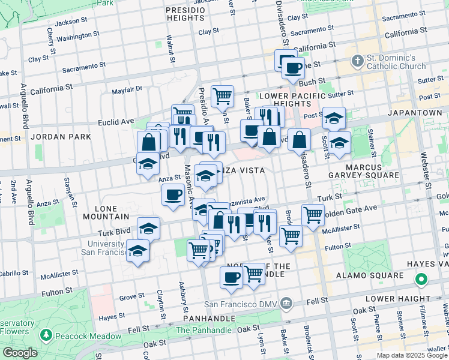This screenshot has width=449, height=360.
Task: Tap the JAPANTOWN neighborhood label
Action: (x=415, y=112)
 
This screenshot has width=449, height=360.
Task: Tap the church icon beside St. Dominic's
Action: (x=358, y=61)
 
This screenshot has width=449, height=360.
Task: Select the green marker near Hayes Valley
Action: (x=421, y=280)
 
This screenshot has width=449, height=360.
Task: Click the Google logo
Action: (x=19, y=353)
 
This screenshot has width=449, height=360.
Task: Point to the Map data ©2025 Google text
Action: (x=411, y=355)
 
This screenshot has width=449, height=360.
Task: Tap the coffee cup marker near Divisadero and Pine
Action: (x=293, y=68)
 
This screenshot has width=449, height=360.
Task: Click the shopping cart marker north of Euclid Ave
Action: (x=222, y=95)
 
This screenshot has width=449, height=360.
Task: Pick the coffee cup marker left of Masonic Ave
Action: (x=173, y=194)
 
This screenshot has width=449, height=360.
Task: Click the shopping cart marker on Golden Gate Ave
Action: (x=312, y=214)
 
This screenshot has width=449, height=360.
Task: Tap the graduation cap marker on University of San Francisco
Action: (x=137, y=250)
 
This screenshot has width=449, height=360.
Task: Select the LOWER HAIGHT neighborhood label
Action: (x=405, y=298)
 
